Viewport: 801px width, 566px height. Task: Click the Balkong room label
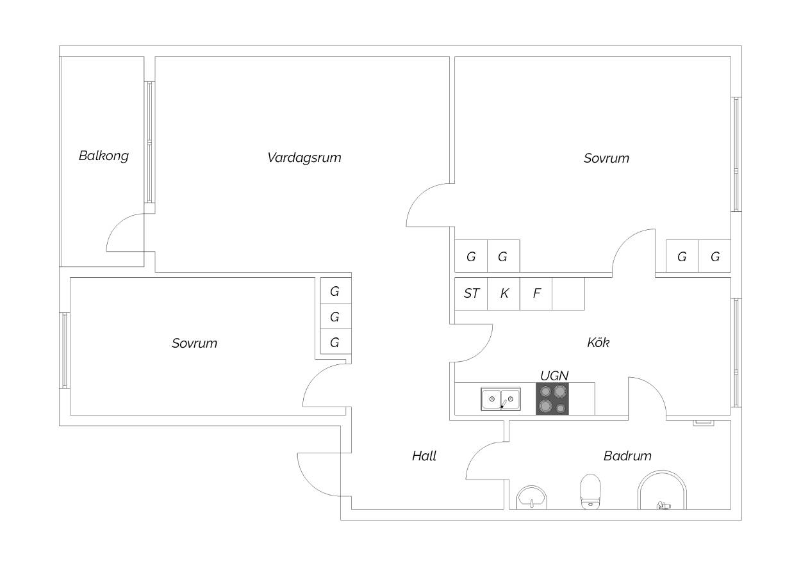click(104, 156)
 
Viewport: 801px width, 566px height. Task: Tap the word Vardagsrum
click(304, 158)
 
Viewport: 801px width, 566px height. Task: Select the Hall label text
click(424, 456)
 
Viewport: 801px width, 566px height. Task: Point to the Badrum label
click(627, 456)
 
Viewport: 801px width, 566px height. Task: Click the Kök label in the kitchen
click(599, 343)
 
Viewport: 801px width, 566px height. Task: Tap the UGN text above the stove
click(554, 376)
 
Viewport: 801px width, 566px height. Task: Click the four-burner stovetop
click(552, 399)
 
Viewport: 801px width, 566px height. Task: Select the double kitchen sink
click(500, 399)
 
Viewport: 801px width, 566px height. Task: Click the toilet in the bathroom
click(590, 492)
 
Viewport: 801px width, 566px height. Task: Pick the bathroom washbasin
click(532, 497)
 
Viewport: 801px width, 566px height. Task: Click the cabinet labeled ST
click(471, 294)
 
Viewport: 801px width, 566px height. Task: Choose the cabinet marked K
click(504, 294)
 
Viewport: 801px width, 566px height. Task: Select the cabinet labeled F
click(536, 294)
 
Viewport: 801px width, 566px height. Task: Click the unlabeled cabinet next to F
click(568, 294)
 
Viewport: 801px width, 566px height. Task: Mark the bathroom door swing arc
click(477, 453)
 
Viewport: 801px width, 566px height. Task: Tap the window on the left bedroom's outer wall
click(64, 350)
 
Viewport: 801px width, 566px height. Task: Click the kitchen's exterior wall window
click(736, 353)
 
